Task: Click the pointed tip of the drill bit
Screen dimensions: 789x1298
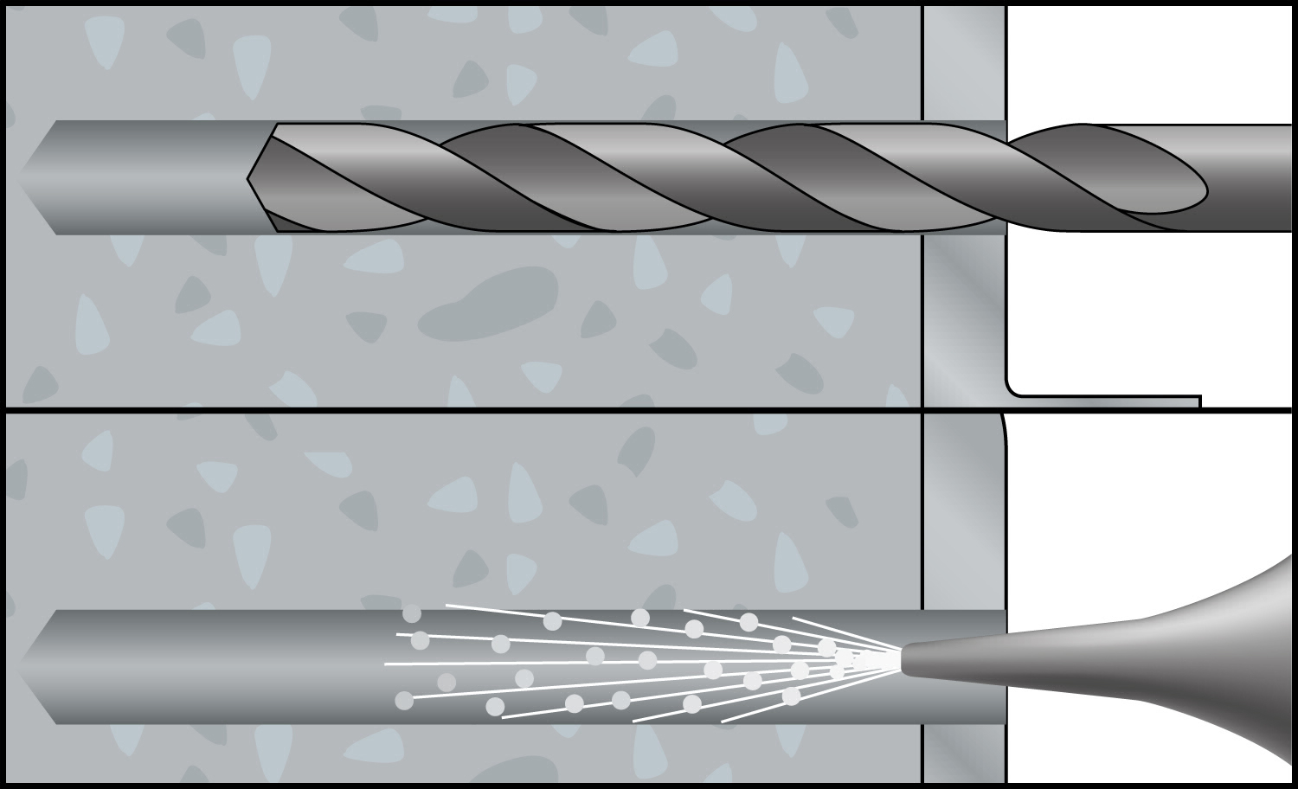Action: pyautogui.click(x=250, y=178)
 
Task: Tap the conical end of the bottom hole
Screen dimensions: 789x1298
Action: pyautogui.click(x=35, y=667)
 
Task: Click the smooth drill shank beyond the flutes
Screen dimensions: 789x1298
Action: pyautogui.click(x=1255, y=177)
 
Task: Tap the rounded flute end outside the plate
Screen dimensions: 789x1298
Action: pyautogui.click(x=1198, y=186)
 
